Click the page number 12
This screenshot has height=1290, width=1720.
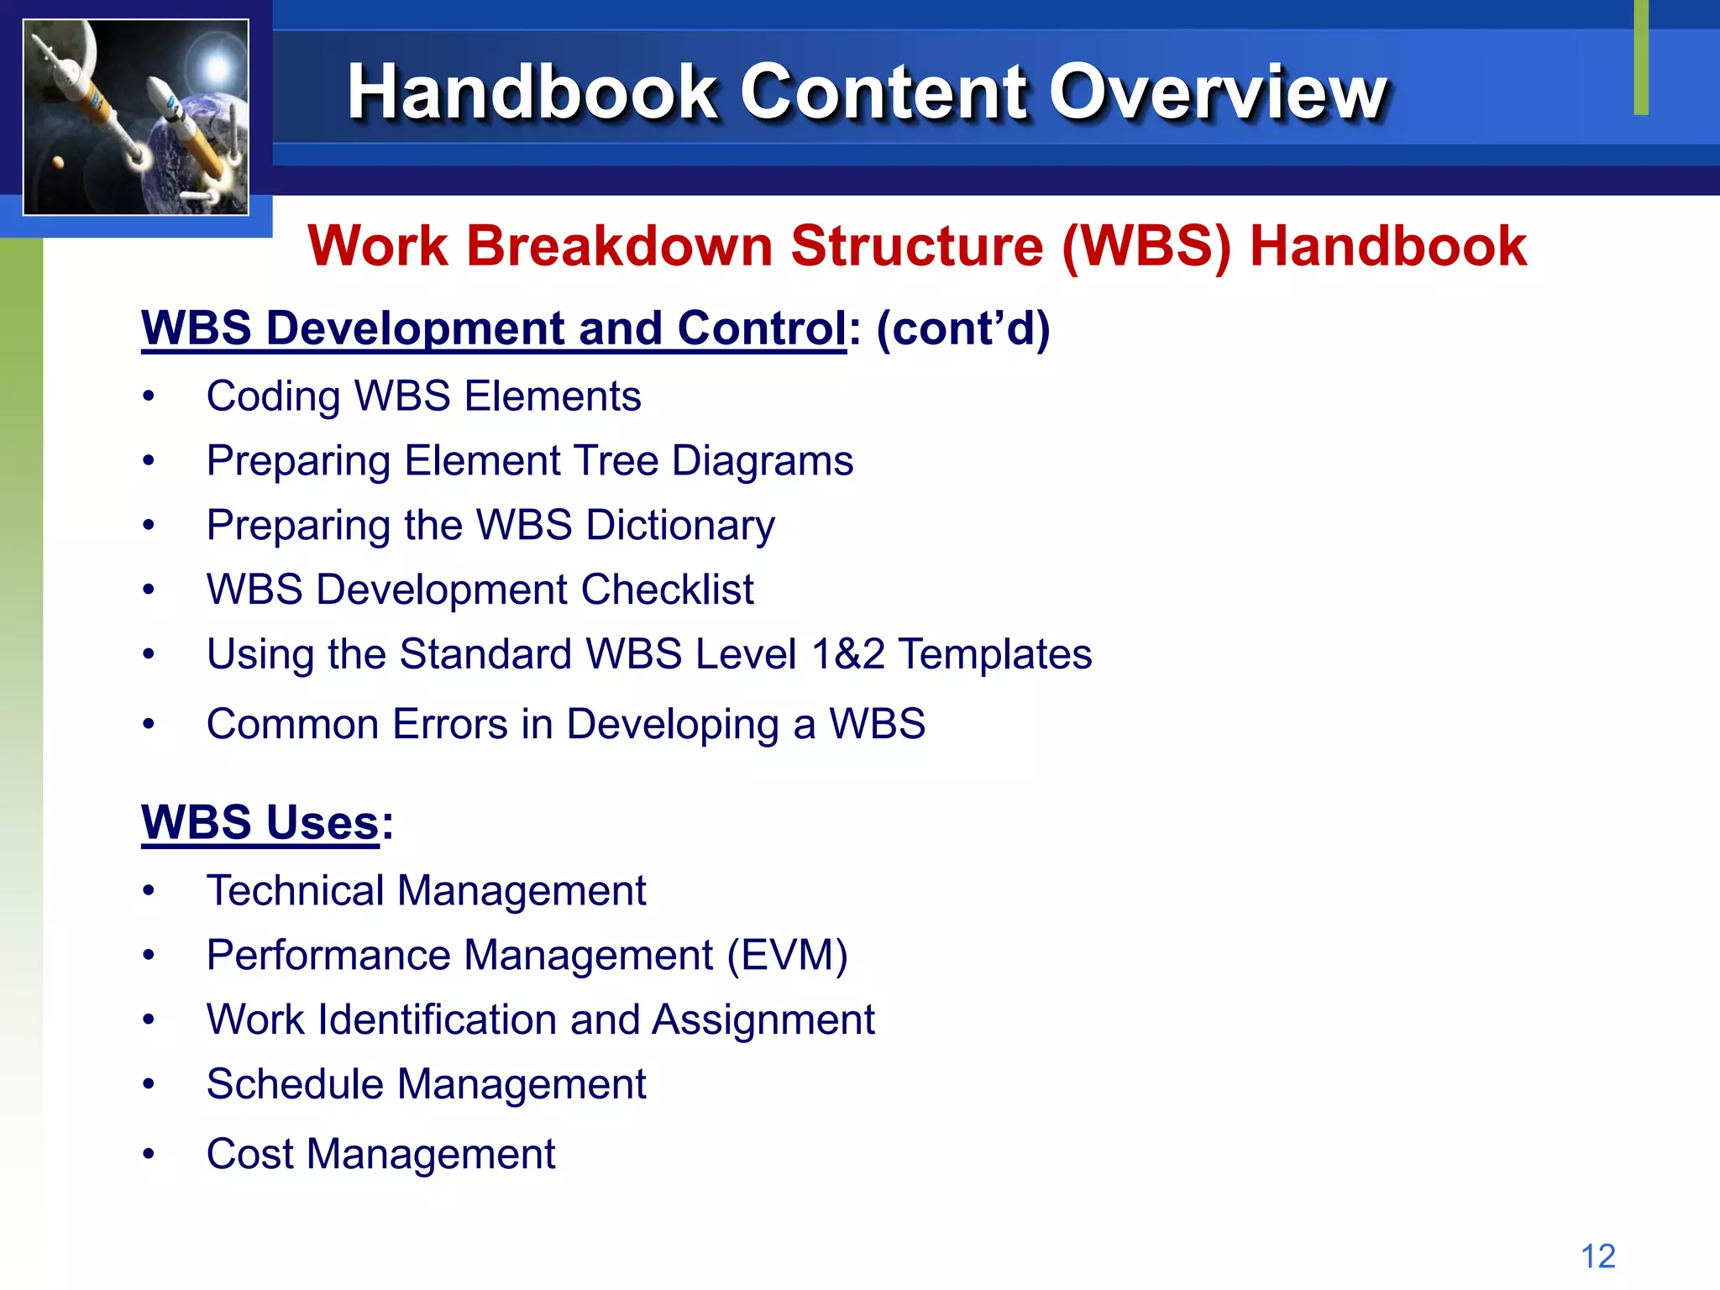click(x=1597, y=1256)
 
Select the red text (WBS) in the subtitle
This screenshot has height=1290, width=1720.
click(x=1146, y=247)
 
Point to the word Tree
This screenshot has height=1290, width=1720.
click(x=616, y=461)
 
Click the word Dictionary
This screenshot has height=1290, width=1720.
click(x=680, y=526)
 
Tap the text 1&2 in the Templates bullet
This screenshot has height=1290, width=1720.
click(x=847, y=654)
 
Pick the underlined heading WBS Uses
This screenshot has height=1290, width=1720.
click(x=260, y=822)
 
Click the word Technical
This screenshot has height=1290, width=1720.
click(x=295, y=891)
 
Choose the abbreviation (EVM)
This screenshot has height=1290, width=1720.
click(x=787, y=956)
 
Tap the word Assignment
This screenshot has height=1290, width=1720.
click(x=763, y=1020)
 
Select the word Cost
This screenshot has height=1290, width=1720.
click(x=249, y=1154)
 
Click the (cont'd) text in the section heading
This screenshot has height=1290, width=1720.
click(x=962, y=328)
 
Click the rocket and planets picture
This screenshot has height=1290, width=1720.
click(x=136, y=117)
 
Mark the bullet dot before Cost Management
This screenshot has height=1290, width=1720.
click(x=149, y=1154)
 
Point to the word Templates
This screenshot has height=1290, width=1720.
click(x=995, y=654)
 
